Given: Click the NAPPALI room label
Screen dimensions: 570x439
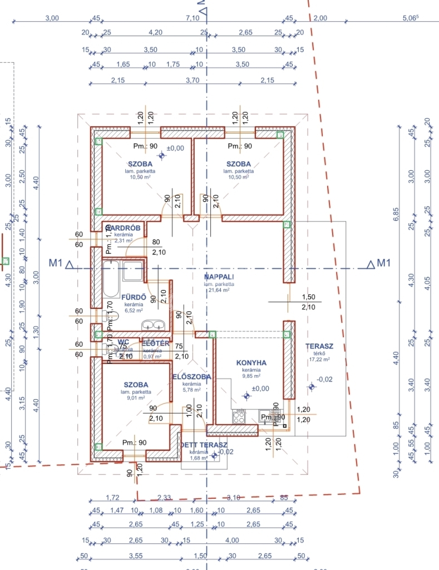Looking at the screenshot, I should tap(219, 277).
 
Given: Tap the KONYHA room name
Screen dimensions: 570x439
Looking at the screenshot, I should tap(250, 363).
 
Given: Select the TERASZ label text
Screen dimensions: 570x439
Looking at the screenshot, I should tap(319, 346).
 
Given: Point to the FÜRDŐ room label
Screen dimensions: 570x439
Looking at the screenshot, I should tap(134, 297).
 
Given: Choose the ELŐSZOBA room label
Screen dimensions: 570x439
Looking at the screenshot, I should tap(192, 377).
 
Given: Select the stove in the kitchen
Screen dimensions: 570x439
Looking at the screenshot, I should tap(239, 416).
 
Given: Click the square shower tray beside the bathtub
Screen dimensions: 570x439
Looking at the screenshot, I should tap(132, 271).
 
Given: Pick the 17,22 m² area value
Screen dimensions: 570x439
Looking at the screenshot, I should tap(319, 360).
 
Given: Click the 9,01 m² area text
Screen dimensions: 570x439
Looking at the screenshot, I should tap(136, 398).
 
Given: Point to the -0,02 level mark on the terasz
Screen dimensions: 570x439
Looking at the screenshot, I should tap(324, 380).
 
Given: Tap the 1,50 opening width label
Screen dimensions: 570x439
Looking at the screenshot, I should tap(308, 297).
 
